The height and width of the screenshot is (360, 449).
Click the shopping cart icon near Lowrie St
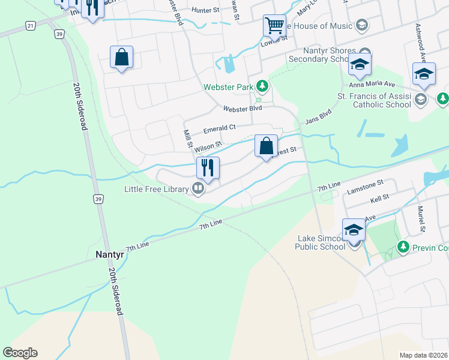pyautogui.click(x=274, y=26)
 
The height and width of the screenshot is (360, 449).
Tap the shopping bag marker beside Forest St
pyautogui.click(x=266, y=146)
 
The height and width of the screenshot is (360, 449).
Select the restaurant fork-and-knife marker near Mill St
pyautogui.click(x=208, y=169)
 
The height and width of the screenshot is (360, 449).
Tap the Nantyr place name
pyautogui.click(x=110, y=254)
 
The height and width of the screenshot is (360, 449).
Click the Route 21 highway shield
pyautogui.click(x=29, y=25)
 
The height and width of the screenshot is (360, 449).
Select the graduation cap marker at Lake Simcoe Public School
pyautogui.click(x=354, y=230)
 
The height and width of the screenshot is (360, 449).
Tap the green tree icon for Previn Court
pyautogui.click(x=403, y=247)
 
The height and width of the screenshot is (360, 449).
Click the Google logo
pyautogui.click(x=20, y=352)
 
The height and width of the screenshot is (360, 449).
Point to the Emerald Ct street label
pyautogui.click(x=220, y=128)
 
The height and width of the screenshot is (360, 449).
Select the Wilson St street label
pyautogui.click(x=208, y=145)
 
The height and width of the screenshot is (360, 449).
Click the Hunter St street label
pyautogui.click(x=206, y=10)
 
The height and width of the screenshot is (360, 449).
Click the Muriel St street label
pyautogui.click(x=422, y=219)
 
